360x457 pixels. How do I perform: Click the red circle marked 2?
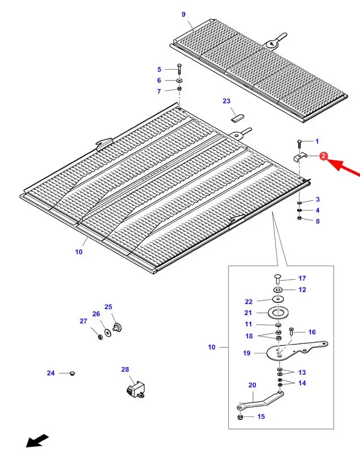pyautogui.click(x=323, y=156)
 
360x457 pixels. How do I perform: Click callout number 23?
pyautogui.click(x=226, y=101)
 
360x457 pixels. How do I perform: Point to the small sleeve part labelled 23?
pyautogui.click(x=237, y=117)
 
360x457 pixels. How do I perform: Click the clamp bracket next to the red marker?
pyautogui.click(x=300, y=157)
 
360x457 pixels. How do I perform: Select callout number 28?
pyautogui.click(x=125, y=370)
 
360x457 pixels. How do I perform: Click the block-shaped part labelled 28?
pyautogui.click(x=135, y=389)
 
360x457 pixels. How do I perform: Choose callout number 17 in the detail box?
pyautogui.click(x=302, y=279)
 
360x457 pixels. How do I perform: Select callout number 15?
pyautogui.click(x=261, y=416)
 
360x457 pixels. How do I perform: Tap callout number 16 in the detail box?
pyautogui.click(x=312, y=332)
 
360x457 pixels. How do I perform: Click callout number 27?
pyautogui.click(x=83, y=321)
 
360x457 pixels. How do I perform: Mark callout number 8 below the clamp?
pyautogui.click(x=317, y=221)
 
